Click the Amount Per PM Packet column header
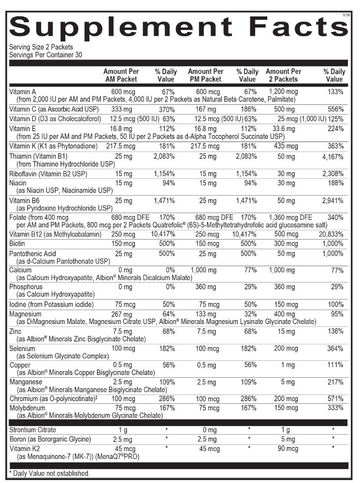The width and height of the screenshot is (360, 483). (x=205, y=75)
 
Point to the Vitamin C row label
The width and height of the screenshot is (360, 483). (x=56, y=109)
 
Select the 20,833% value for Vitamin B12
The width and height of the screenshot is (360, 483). (x=331, y=234)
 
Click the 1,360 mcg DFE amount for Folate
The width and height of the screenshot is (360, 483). (x=289, y=217)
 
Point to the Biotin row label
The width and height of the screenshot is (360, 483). (x=18, y=243)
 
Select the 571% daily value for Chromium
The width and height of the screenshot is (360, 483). (x=334, y=399)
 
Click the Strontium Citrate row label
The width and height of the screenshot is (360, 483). (x=33, y=430)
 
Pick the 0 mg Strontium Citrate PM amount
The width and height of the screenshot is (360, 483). (x=206, y=430)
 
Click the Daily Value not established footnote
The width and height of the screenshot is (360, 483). (x=49, y=473)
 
